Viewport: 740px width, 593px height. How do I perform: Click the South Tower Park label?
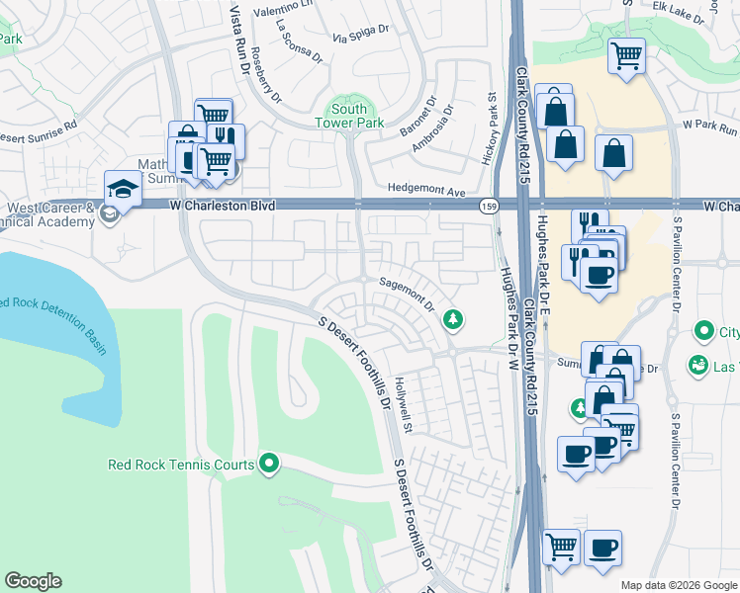click(x=348, y=116)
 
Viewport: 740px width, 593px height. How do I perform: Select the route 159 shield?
click(x=488, y=205)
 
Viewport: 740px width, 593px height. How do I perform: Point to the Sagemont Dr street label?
click(x=407, y=295)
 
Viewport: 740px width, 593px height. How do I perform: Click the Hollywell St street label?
click(x=403, y=406)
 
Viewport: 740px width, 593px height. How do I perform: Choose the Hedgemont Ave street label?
click(x=425, y=193)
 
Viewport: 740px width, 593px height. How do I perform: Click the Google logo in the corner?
click(x=33, y=581)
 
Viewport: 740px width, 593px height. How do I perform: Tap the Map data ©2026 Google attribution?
click(x=678, y=585)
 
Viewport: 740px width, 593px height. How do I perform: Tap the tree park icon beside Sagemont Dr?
click(x=453, y=318)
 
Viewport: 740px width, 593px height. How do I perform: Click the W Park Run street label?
click(x=709, y=129)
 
